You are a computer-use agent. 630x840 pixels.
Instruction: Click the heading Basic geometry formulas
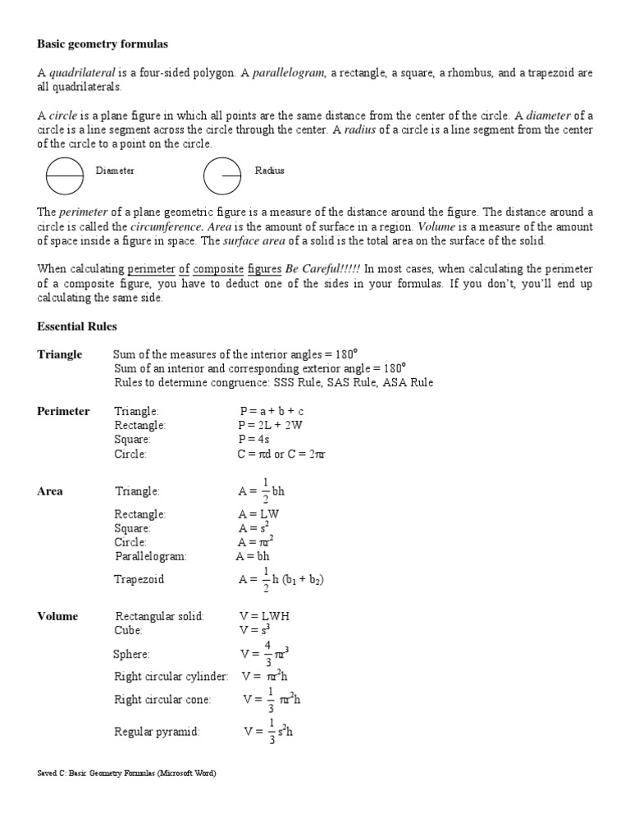coord(103,43)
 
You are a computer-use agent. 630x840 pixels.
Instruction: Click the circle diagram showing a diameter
coord(64,174)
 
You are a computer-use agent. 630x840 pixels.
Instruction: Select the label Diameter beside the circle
coord(115,171)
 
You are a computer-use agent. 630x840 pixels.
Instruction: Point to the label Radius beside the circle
coord(270,171)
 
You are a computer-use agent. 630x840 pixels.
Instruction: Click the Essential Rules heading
coord(77,326)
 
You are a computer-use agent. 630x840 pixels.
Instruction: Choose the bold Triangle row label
coord(60,354)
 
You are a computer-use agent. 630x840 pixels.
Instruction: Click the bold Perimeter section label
coord(63,411)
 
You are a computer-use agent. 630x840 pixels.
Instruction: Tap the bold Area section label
coord(50,491)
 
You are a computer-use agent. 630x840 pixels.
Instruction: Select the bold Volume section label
coord(57,616)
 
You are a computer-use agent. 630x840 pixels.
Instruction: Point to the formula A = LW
coord(259,514)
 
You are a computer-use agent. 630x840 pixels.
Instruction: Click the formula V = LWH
coord(265,616)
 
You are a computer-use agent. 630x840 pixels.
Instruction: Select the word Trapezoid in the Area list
coord(139,579)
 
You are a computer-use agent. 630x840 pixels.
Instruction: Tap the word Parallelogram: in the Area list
coord(151,556)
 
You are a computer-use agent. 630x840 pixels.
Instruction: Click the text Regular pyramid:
coord(157,731)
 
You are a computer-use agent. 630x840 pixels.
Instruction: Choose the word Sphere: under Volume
coord(131,654)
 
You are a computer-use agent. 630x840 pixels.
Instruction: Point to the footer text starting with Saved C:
coord(127,774)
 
